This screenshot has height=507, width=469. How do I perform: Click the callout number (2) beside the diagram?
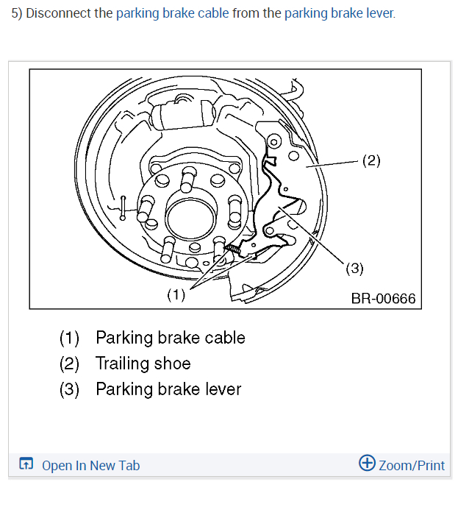click(x=371, y=160)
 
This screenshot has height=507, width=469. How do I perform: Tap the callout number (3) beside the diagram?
click(x=354, y=269)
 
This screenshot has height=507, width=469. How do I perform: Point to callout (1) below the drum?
click(x=176, y=295)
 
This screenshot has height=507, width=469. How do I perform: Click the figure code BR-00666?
click(x=383, y=298)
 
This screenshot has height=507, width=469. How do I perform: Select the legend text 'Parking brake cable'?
click(x=171, y=338)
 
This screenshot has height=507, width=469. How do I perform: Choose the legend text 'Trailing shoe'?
click(x=143, y=364)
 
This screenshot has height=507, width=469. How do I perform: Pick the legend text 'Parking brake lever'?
click(x=168, y=389)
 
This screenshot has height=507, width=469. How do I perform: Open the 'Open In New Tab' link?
click(x=90, y=465)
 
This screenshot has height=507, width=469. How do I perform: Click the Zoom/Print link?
click(x=412, y=465)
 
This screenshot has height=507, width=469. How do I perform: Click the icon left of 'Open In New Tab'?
click(x=26, y=464)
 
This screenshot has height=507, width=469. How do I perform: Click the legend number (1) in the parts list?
click(x=70, y=338)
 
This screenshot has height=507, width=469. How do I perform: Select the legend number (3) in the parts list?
click(x=70, y=389)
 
